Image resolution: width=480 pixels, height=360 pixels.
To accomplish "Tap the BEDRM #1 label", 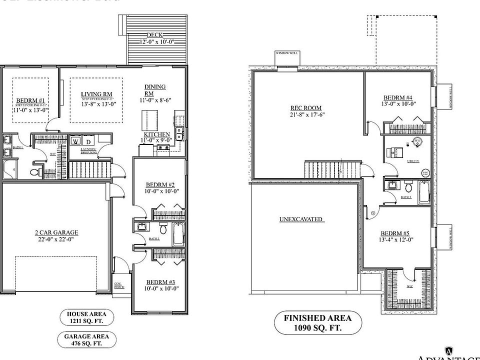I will pos(30,100).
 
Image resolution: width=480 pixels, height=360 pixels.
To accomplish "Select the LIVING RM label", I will pos(96,94).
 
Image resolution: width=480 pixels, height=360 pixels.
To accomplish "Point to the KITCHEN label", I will pos(157,135).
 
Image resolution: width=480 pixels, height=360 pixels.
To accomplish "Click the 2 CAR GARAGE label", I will pos(56,232).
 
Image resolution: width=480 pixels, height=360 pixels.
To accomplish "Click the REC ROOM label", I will pos(305,108).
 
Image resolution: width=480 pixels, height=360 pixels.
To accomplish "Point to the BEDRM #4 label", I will pos(398,97).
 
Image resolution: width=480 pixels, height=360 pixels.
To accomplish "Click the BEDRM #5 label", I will pos(396,233).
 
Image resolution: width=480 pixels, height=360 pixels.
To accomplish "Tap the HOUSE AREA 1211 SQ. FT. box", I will pos(87,317).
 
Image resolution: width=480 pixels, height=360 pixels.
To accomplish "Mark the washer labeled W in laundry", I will pos(75,141).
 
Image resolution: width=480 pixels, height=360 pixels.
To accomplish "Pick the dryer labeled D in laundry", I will pos(86,141).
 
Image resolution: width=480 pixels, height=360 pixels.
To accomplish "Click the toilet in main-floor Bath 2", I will pos(162,230).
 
